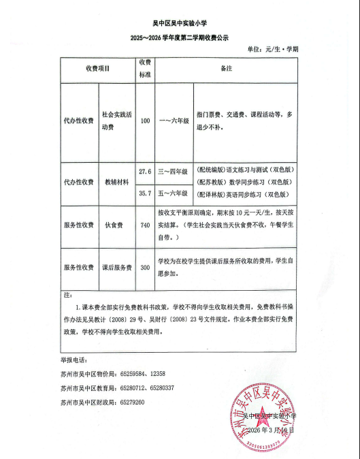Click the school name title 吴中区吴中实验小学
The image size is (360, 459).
tap(180, 22)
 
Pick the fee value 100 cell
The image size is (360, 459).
tap(145, 121)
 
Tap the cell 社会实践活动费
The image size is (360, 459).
tap(116, 121)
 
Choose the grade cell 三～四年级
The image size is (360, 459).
tap(173, 172)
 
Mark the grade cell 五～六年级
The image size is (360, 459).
tap(173, 193)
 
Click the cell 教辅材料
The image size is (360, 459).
tap(116, 182)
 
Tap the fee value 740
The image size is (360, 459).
tap(145, 225)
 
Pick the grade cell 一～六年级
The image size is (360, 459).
tap(174, 121)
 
